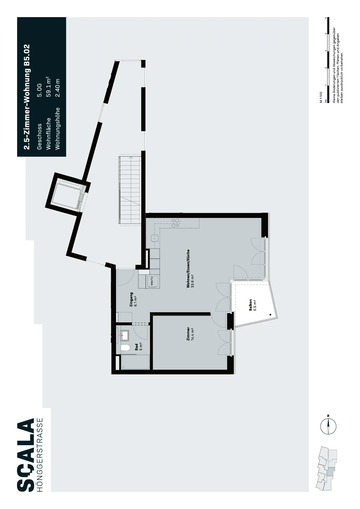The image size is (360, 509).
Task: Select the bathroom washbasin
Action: pos(125,335)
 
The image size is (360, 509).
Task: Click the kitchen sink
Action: pos(154,238)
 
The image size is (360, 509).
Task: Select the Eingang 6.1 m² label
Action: pos(133,299)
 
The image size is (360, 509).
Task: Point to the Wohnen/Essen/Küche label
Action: pos(190,268)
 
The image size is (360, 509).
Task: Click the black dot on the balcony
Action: pos(270,315)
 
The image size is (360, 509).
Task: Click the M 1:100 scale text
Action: pos(321,98)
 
